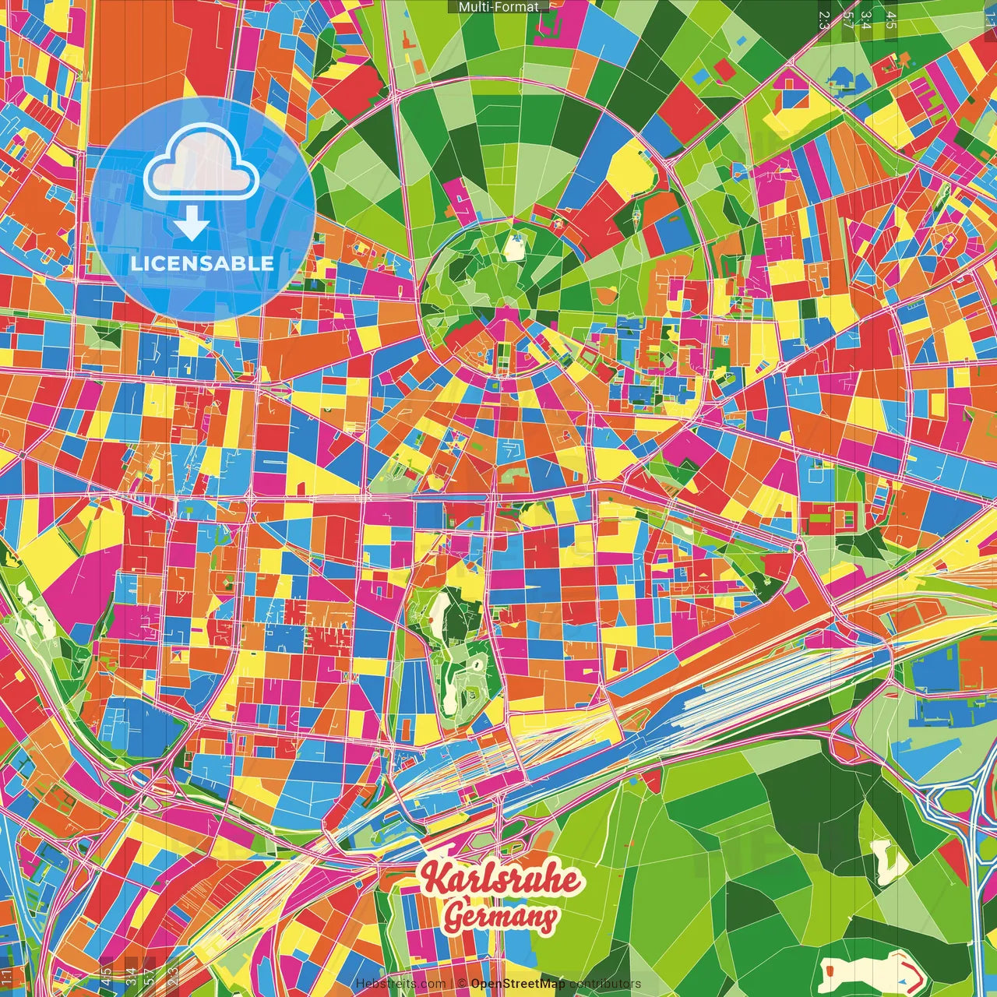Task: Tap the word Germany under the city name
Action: (500, 917)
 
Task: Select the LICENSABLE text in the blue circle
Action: (202, 263)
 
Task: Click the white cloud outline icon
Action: (201, 167)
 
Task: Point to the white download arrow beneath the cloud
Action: (191, 224)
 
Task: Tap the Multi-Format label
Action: (498, 7)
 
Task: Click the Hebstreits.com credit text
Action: (400, 984)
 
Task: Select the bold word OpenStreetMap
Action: (517, 984)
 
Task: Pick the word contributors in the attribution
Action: (604, 984)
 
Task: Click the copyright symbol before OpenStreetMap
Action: (461, 984)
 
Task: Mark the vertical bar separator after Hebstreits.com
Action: (452, 984)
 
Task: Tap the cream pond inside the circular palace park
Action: (513, 247)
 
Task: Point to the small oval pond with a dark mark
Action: (472, 692)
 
